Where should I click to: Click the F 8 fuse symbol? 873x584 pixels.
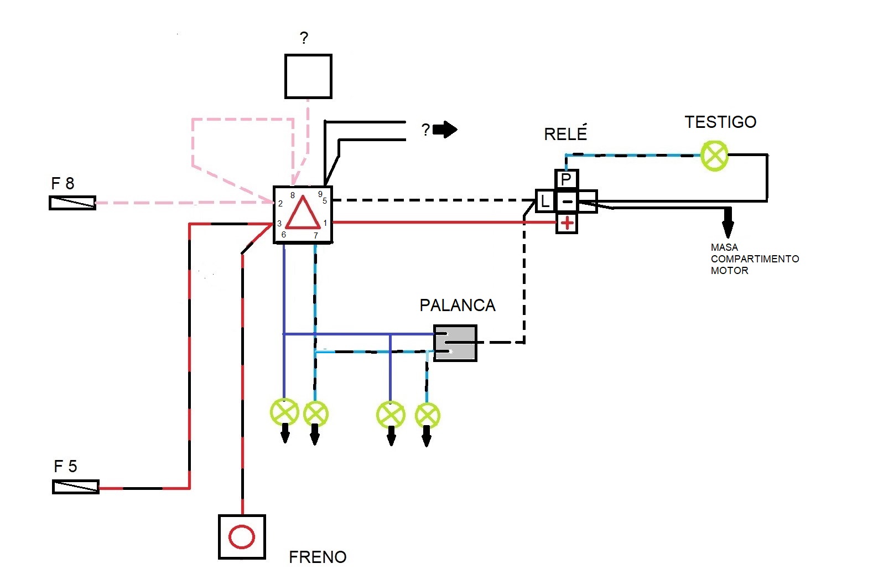[x=72, y=203]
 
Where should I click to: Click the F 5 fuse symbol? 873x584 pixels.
[x=76, y=487]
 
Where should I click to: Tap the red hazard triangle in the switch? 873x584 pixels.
[x=303, y=214]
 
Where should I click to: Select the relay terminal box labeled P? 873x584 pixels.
[x=566, y=179]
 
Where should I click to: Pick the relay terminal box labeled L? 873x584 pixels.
[x=545, y=200]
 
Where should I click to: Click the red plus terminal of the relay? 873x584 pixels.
[x=567, y=223]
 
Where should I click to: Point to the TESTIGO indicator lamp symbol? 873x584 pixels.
[x=714, y=156]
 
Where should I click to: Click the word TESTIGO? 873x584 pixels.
[x=720, y=122]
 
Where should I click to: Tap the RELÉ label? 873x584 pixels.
[x=565, y=134]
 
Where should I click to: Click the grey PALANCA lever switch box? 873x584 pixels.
[x=455, y=343]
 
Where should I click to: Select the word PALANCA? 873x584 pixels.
[x=457, y=306]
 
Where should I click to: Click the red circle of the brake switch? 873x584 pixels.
[x=242, y=537]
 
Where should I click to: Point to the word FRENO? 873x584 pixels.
[x=318, y=557]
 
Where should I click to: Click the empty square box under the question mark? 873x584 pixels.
[x=308, y=76]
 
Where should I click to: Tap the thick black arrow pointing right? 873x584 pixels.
[x=445, y=130]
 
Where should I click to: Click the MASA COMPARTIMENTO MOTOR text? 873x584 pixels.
[x=754, y=259]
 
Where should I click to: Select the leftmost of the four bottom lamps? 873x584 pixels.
[x=284, y=412]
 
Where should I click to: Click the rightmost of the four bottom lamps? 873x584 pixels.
[x=427, y=415]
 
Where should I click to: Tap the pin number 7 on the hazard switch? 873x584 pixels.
[x=316, y=236]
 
